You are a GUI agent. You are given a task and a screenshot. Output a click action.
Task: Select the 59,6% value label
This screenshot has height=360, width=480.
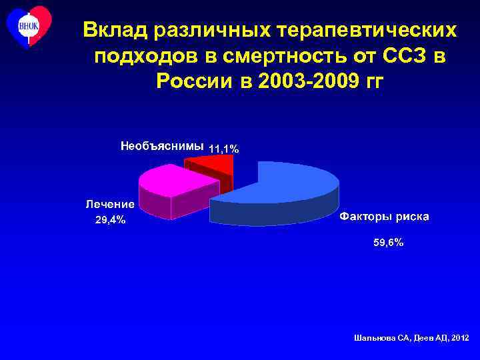point(387,243)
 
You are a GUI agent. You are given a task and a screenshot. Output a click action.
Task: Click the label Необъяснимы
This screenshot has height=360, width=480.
point(162,145)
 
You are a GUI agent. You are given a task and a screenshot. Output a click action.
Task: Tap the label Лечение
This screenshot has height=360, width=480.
point(109,205)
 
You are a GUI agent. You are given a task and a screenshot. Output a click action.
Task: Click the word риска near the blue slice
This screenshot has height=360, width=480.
point(413,217)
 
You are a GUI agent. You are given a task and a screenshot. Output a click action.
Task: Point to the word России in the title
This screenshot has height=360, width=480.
point(193,81)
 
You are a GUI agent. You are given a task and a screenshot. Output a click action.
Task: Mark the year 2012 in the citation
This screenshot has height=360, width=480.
point(459,339)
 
